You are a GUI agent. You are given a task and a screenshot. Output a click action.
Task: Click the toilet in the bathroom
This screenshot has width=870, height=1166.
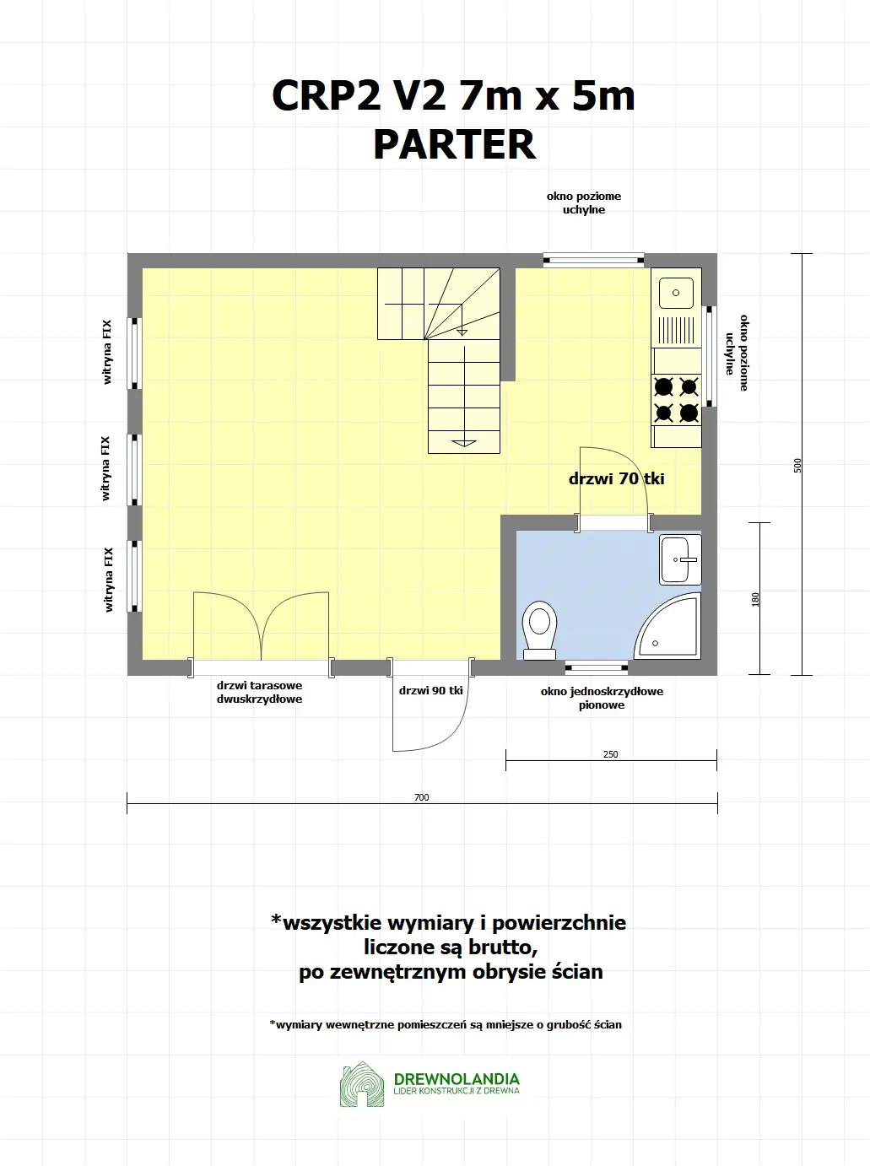[539, 629]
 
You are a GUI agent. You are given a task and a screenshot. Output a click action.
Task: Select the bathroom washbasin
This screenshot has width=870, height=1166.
[680, 559]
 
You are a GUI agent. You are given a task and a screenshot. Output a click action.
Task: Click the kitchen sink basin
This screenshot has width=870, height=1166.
[676, 293]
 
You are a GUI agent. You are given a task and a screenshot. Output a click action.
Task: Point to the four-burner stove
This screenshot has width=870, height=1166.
[676, 399]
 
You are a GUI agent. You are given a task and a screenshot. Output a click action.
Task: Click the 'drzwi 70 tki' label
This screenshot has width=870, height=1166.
[616, 478]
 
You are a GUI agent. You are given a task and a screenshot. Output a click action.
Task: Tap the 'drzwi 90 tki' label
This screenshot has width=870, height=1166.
[430, 690]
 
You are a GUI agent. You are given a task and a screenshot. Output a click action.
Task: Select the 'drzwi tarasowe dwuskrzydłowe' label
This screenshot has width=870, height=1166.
[259, 692]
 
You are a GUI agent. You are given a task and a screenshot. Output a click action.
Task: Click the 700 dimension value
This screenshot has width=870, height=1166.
[421, 797]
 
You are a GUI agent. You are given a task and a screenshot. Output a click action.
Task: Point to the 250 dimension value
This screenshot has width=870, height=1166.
[610, 754]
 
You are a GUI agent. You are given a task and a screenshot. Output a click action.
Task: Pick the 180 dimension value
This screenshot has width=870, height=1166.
[755, 599]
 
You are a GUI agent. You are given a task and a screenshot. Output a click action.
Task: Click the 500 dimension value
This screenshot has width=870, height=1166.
[797, 465]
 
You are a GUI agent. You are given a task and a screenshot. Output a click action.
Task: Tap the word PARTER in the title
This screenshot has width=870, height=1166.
[454, 144]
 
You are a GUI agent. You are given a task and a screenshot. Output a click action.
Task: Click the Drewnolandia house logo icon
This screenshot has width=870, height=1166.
[362, 1085]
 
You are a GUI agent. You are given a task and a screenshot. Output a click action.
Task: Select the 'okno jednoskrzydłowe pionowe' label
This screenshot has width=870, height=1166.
[602, 698]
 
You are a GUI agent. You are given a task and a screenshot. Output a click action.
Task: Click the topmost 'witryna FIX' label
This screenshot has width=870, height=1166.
[107, 352]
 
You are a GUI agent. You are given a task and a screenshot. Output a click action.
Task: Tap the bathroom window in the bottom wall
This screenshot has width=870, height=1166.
[597, 668]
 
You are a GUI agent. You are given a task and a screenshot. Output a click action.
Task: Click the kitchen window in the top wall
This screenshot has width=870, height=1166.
[593, 260]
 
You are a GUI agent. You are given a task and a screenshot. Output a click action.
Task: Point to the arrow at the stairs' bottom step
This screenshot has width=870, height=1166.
[464, 442]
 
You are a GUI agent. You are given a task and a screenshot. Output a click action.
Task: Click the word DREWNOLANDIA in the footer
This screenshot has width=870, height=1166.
[457, 1078]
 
